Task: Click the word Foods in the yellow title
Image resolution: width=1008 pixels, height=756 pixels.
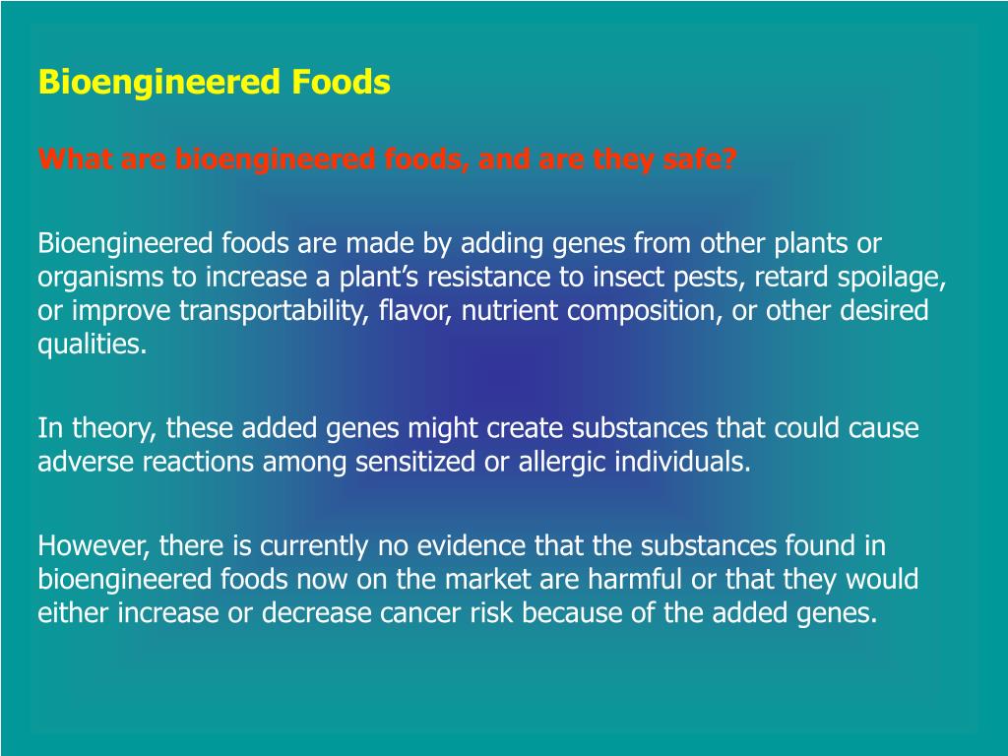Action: coord(342,83)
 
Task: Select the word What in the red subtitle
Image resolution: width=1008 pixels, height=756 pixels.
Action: coord(76,158)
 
